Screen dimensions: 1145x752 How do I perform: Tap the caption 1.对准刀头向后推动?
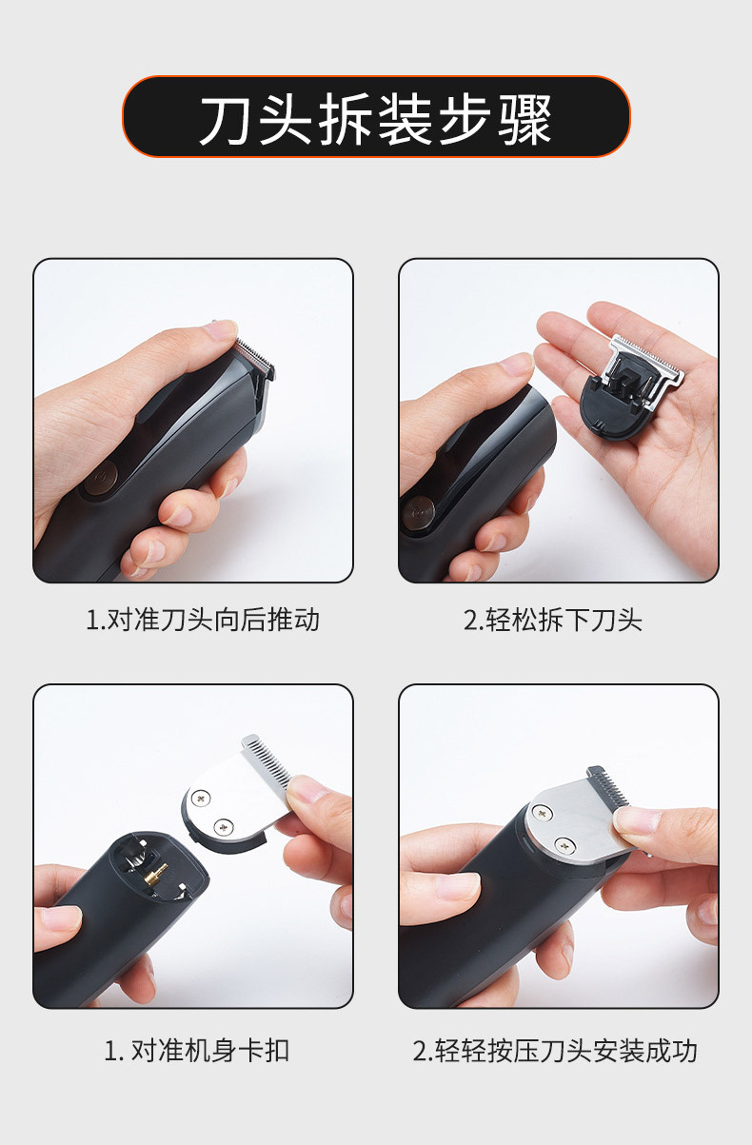(203, 621)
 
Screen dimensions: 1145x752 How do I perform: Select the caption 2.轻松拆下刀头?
(553, 621)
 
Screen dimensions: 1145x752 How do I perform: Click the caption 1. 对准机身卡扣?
(196, 1051)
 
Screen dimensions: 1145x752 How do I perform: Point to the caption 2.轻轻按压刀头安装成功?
(555, 1051)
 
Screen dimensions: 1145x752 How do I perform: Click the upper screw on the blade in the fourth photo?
(542, 812)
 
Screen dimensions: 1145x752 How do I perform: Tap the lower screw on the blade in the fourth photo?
(564, 842)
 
